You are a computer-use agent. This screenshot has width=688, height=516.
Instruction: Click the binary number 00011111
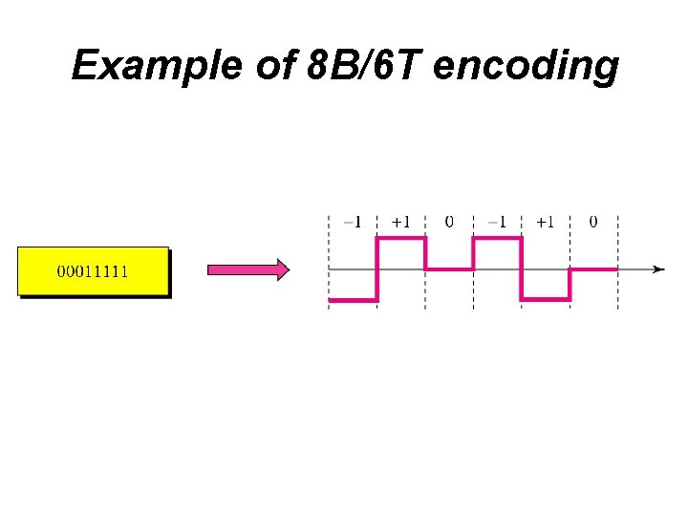[x=93, y=271]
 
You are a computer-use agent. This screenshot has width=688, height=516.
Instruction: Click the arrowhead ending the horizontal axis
[x=658, y=269]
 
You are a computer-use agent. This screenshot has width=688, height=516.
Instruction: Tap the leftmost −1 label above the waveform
[x=352, y=223]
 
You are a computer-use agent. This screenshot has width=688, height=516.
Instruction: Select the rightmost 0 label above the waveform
[x=593, y=223]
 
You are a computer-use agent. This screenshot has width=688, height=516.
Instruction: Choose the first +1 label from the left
[x=401, y=223]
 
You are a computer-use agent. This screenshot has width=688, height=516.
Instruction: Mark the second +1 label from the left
[x=545, y=223]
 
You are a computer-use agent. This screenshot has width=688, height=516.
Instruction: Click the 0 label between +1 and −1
[x=449, y=223]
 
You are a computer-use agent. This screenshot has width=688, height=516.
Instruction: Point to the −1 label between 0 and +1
[x=497, y=223]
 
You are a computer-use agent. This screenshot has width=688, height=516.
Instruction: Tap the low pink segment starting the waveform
[x=353, y=301]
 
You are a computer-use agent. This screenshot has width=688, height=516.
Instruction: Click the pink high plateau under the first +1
[x=401, y=239]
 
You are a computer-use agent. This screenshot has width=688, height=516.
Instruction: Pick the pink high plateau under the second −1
[x=497, y=239]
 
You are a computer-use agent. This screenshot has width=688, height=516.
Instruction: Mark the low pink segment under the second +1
[x=546, y=301]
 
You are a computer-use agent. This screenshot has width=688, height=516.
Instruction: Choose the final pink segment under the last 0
[x=593, y=270]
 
